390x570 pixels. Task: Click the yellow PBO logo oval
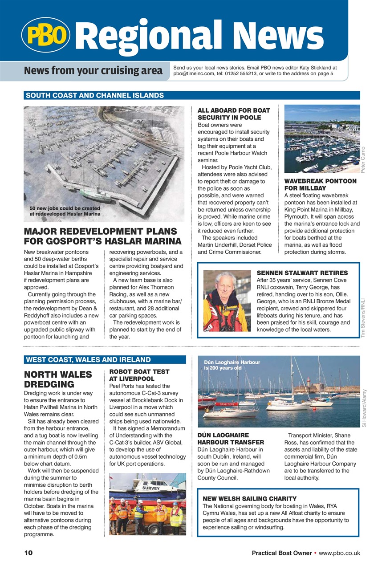coord(45,34)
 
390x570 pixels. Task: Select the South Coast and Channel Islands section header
coord(95,95)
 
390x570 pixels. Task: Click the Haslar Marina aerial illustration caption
coord(65,211)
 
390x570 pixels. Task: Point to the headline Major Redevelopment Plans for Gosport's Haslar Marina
coord(102,236)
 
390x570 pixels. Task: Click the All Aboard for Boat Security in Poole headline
coord(234,114)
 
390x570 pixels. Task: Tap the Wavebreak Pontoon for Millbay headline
coord(320,185)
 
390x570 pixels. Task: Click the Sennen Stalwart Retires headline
coord(302,273)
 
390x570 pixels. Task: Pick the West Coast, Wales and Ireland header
coord(89,360)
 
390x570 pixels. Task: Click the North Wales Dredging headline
coord(58,379)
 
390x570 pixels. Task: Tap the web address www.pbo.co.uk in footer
coord(339,553)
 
